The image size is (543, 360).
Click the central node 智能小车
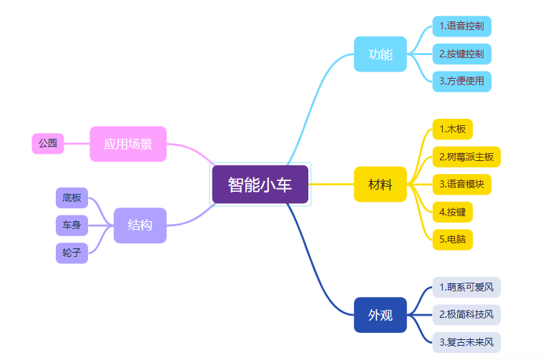(x=260, y=185)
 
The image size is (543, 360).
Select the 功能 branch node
(x=380, y=54)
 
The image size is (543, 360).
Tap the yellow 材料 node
(x=380, y=185)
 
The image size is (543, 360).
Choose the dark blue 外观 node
(x=380, y=315)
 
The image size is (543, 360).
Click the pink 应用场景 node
(x=128, y=144)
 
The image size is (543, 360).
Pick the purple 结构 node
(x=140, y=225)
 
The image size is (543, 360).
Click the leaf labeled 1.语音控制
(x=461, y=26)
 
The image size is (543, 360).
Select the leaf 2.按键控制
(x=461, y=54)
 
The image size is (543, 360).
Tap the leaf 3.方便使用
(x=461, y=81)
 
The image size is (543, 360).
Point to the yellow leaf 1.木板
(x=453, y=130)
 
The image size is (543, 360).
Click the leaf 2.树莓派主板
(x=466, y=157)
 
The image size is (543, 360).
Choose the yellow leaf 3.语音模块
(x=461, y=184)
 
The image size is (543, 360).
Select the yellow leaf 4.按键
(x=453, y=212)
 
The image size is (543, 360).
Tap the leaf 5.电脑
(x=453, y=239)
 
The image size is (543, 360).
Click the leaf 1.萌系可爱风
(x=466, y=287)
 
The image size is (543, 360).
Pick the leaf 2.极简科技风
(x=466, y=314)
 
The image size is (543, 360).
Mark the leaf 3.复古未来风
(x=466, y=342)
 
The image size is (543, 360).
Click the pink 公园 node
(x=48, y=144)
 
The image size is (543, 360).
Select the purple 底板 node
(x=72, y=198)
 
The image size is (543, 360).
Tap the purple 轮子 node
(x=72, y=253)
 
